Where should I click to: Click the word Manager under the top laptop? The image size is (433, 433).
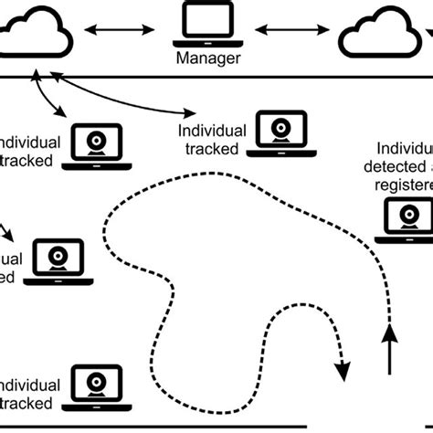click(x=209, y=60)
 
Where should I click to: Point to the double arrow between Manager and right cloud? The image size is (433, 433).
click(x=292, y=31)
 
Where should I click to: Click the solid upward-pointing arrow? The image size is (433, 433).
click(x=390, y=348)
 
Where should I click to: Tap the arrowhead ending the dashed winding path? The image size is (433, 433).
click(x=343, y=371)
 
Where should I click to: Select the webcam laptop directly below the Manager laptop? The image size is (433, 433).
click(x=278, y=132)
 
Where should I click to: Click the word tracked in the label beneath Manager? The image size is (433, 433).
click(x=210, y=149)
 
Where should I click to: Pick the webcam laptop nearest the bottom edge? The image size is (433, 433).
click(x=100, y=385)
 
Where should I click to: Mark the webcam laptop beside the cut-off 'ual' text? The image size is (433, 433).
click(x=58, y=262)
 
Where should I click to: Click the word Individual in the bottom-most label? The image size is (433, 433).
click(x=30, y=385)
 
